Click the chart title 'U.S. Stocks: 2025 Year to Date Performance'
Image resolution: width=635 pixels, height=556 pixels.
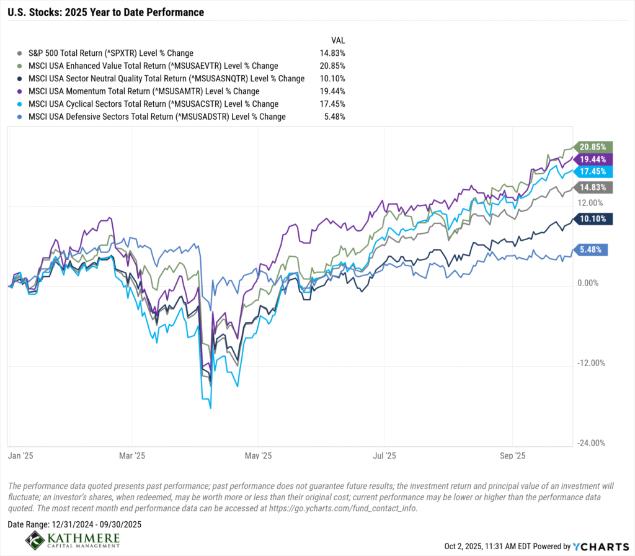click(x=105, y=12)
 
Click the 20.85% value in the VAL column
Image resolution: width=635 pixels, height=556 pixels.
click(x=332, y=66)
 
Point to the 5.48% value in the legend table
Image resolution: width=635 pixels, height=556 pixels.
click(x=334, y=117)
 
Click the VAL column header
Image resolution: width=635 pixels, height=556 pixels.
click(x=338, y=40)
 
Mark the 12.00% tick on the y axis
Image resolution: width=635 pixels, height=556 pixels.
click(x=590, y=203)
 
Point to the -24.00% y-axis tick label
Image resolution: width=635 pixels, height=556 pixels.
click(x=591, y=443)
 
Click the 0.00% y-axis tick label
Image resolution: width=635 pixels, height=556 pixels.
click(x=588, y=283)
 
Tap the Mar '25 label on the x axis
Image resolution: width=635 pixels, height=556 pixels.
click(x=132, y=456)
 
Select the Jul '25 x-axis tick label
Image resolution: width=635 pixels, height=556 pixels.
click(x=384, y=456)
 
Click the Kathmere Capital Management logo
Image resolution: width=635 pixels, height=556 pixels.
click(x=73, y=540)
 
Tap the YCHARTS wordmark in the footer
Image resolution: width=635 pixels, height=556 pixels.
click(x=601, y=547)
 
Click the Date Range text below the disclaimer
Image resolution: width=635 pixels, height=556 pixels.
click(x=74, y=524)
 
